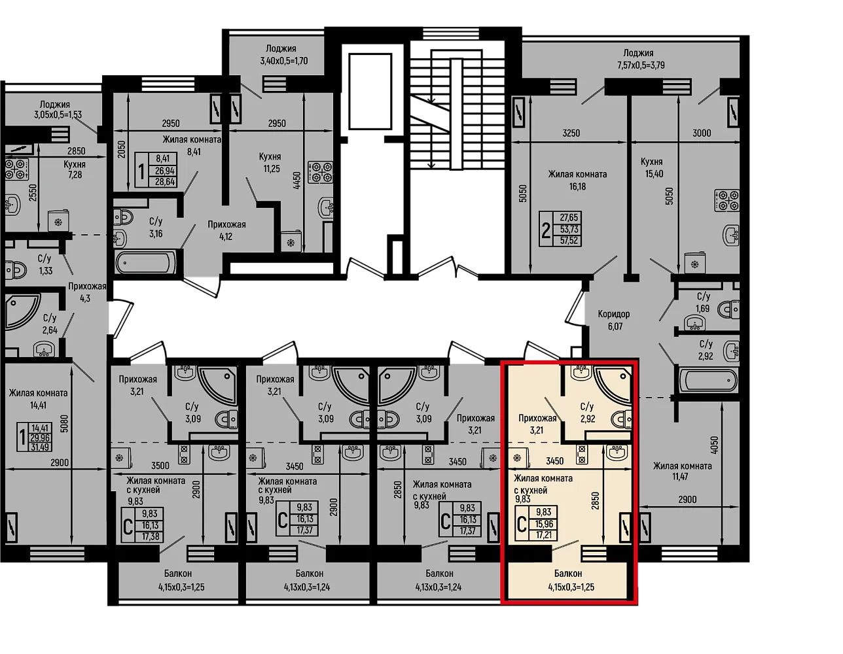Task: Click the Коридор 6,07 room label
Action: coord(613,320)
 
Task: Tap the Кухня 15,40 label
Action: coord(654,167)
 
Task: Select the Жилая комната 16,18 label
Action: coord(577,181)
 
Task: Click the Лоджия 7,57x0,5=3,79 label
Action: coord(641,59)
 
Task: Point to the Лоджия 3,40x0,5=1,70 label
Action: coord(284,55)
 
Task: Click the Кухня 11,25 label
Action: coord(271,162)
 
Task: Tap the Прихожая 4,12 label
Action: coord(226,230)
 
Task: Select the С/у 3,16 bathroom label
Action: coord(156,228)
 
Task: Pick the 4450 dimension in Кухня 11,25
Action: coord(296,181)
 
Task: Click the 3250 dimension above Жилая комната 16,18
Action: coord(571,133)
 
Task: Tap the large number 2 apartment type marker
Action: coord(546,232)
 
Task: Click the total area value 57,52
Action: coord(569,241)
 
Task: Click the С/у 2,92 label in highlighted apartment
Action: coord(587,413)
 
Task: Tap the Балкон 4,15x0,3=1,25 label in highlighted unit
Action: coord(571,580)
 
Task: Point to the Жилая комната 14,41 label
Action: coord(39,399)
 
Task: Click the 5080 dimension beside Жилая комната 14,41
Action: coord(64,424)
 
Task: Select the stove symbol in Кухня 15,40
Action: coord(727,200)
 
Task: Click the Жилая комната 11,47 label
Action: coord(682,471)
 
